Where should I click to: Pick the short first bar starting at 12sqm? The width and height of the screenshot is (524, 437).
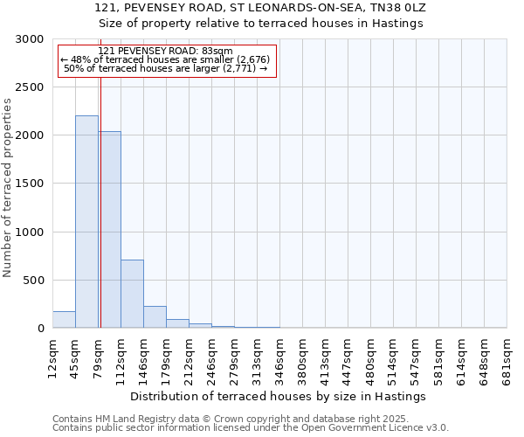[64, 320]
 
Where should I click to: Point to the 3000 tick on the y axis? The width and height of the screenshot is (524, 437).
[31, 39]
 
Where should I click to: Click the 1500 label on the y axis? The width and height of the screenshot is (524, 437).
[31, 184]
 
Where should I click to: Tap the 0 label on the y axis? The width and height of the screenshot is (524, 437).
[40, 329]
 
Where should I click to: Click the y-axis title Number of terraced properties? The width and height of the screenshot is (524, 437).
[8, 188]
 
